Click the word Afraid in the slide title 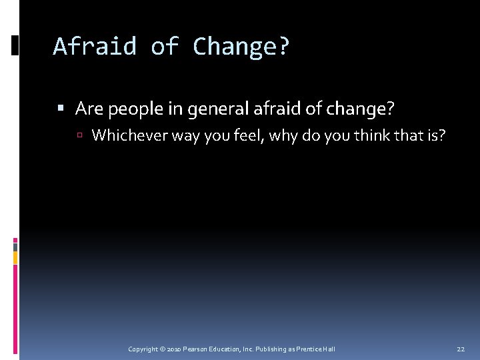coord(95,47)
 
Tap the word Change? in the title coord(242,47)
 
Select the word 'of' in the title coord(165,47)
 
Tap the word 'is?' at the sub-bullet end coord(434,135)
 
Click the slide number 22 coord(461,349)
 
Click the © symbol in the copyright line coord(162,349)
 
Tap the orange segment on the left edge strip coord(15,257)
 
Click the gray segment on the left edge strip coord(15,246)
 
